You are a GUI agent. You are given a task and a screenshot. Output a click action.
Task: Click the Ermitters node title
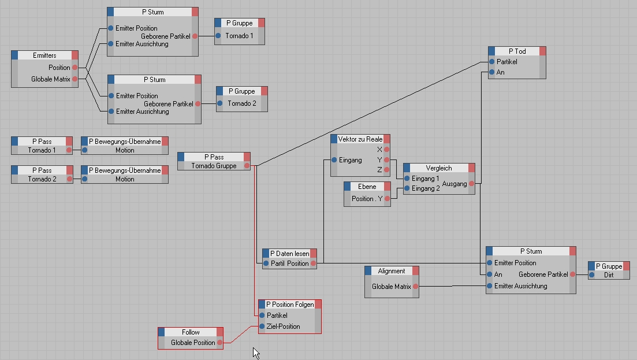[x=45, y=55]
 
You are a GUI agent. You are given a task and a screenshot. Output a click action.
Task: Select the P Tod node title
[x=517, y=51]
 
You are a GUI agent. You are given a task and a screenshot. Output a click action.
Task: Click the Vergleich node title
[x=439, y=168]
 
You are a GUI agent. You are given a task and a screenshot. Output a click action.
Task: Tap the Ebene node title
[x=367, y=187]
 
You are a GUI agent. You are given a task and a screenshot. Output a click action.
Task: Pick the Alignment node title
[x=392, y=271]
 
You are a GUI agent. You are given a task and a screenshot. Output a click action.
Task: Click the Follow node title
[x=191, y=332]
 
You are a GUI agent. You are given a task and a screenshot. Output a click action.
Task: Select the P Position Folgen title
[x=290, y=305]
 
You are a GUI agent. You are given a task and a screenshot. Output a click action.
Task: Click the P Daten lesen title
[x=290, y=254]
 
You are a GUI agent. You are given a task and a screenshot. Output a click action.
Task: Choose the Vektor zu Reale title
[x=360, y=139]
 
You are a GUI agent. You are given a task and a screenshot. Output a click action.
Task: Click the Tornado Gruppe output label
[x=213, y=166]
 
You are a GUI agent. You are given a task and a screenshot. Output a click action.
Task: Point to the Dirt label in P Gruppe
[x=609, y=275]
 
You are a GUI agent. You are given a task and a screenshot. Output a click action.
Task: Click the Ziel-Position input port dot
[x=262, y=326]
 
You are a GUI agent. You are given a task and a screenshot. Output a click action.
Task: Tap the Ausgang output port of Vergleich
[x=472, y=184]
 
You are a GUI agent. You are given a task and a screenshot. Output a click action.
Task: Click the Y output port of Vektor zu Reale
[x=387, y=159]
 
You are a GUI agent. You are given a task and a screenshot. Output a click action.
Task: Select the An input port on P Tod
[x=491, y=72]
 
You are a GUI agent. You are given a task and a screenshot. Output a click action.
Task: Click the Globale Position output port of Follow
[x=220, y=343]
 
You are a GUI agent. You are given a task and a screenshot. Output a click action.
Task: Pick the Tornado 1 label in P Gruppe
[x=239, y=36]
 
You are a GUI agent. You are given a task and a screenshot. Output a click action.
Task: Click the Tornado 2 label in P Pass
[x=42, y=179]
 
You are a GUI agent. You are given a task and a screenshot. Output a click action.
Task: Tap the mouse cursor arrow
[x=255, y=351]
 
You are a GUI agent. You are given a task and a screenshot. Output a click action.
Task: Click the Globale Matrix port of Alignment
[x=415, y=287]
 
